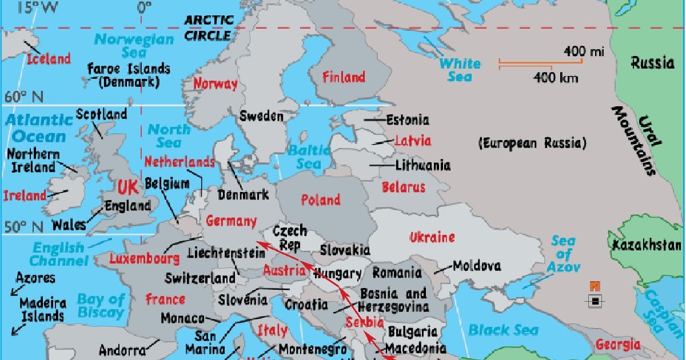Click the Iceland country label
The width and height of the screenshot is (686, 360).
tap(49, 58)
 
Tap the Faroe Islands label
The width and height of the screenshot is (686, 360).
tap(129, 75)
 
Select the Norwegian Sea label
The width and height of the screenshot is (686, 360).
tap(134, 46)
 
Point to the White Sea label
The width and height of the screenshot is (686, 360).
tap(460, 69)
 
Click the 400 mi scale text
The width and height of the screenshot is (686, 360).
tap(584, 52)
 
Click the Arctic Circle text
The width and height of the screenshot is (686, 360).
tap(209, 27)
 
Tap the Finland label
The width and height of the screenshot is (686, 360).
tap(344, 77)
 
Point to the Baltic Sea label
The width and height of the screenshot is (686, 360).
tap(309, 157)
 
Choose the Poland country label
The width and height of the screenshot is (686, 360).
tap(321, 199)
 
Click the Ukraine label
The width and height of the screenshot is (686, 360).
tap(432, 237)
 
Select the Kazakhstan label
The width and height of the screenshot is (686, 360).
tap(647, 246)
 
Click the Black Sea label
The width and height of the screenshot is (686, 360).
tap(503, 330)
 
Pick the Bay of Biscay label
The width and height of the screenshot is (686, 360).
tap(101, 306)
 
